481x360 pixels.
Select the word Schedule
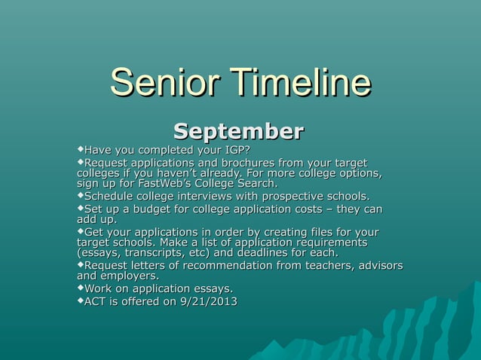tap(109, 197)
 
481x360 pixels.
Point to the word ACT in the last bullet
tap(95, 302)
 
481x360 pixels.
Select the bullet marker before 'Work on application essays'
tap(81, 288)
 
